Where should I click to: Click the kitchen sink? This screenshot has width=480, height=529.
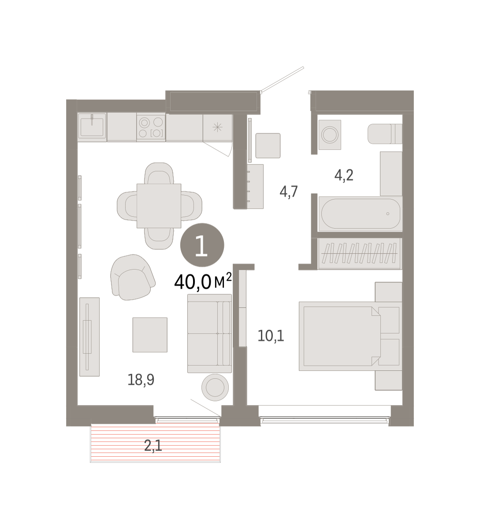pos(92,127)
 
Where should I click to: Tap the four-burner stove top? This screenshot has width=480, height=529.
pos(151,127)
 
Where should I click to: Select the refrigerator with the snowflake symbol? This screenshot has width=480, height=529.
pos(218,128)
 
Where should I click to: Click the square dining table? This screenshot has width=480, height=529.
pos(159,206)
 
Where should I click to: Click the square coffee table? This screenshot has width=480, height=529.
pos(150,335)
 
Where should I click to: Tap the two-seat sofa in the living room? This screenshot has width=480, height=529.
pos(210,334)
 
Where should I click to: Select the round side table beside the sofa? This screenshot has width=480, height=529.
pos(215,387)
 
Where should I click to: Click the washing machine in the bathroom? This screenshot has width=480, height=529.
pos(330,135)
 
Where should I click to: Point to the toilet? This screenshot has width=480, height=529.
pos(385,134)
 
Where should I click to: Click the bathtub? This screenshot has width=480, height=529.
pos(361,214)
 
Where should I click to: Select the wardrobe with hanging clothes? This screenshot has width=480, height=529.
pos(360,253)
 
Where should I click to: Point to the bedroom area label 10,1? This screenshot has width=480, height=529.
pos(271,336)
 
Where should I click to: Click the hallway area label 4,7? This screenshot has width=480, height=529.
pos(289,192)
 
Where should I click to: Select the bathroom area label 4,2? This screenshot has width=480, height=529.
pos(344,175)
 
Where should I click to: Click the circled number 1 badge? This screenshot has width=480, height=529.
pos(202,245)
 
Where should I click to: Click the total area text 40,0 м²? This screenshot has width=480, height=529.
pos(203,281)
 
